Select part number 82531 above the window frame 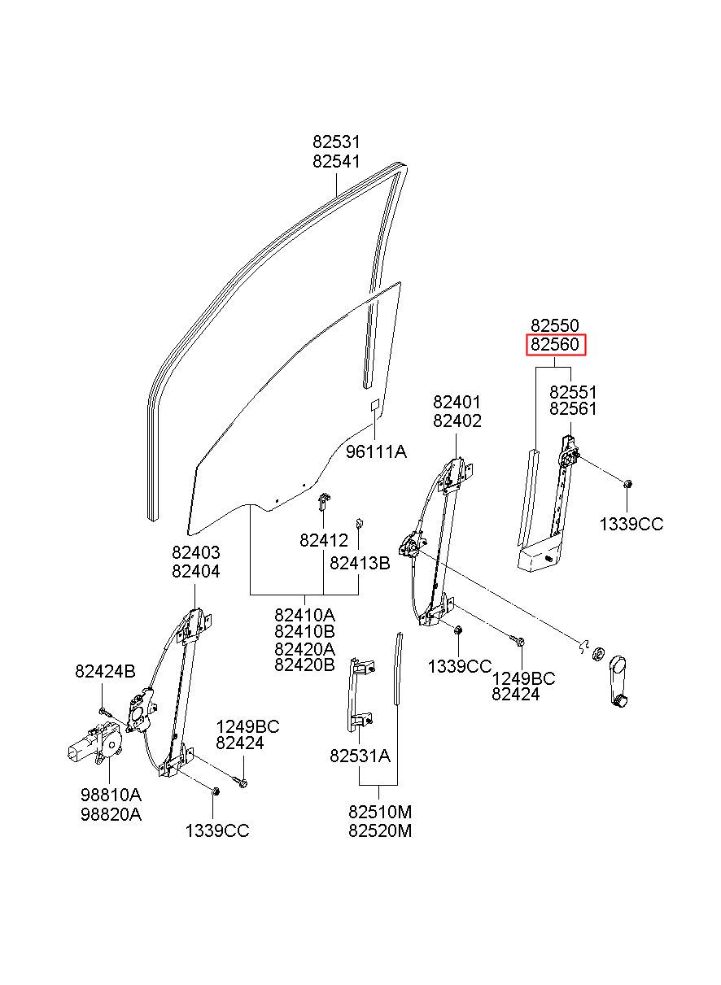(x=337, y=142)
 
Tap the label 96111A (x=376, y=452)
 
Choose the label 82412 (x=324, y=540)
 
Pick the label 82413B (x=360, y=563)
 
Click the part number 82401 (x=457, y=402)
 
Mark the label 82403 (x=196, y=551)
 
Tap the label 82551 (x=573, y=391)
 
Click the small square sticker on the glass (x=375, y=405)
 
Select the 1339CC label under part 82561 (x=631, y=524)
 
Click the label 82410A (x=305, y=614)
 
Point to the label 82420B (x=305, y=665)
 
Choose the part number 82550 (x=555, y=325)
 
